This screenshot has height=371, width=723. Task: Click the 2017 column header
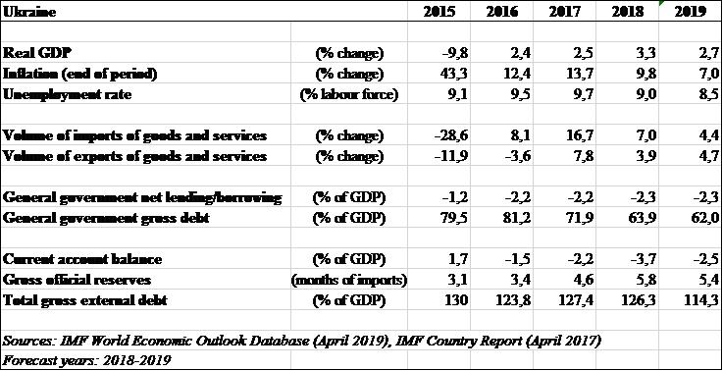coord(564,12)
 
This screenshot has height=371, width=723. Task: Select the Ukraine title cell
coord(29,12)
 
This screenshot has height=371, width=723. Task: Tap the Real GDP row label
coord(37,53)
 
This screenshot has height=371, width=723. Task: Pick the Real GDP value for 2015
coord(454,53)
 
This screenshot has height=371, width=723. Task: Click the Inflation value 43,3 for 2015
coord(454,74)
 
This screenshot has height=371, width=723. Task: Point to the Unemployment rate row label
coord(67,94)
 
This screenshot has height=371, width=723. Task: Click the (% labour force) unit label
coord(348,94)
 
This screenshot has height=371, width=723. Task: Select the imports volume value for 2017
coord(580,135)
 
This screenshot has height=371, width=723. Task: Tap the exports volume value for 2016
coord(517,156)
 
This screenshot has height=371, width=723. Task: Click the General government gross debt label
coord(106,218)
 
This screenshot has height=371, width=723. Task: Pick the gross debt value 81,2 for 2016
coord(517,218)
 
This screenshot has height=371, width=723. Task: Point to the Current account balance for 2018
coord(643,259)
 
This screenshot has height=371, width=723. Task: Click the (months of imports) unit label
coord(348,280)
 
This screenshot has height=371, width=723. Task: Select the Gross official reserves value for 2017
coord(583,280)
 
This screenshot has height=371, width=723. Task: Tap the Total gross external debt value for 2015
coord(456,300)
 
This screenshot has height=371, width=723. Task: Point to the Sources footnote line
coord(302,342)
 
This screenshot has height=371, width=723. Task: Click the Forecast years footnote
coord(86,360)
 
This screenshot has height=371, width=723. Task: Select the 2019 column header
coord(691,12)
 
